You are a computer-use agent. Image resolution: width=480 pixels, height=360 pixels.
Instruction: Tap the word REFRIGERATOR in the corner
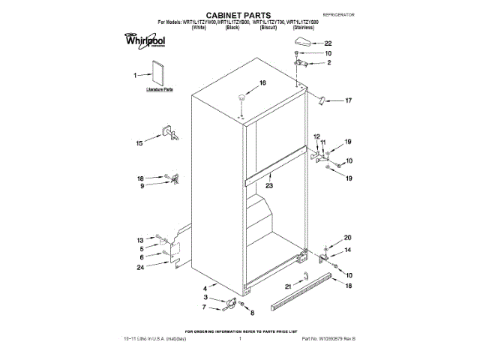click(x=337, y=15)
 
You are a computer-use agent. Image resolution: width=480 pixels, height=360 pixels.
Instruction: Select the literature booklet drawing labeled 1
click(x=158, y=75)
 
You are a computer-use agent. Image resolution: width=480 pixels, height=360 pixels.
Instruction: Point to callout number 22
click(x=328, y=43)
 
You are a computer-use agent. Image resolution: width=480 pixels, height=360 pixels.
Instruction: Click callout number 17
click(x=347, y=100)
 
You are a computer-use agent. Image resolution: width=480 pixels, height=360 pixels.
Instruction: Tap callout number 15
click(x=139, y=142)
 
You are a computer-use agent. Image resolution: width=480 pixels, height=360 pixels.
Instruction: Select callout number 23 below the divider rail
click(x=268, y=185)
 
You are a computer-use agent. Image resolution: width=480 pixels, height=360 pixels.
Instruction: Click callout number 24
click(x=140, y=267)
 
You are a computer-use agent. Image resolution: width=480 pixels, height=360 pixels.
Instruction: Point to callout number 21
click(x=288, y=285)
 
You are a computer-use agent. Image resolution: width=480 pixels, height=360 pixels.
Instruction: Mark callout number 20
click(x=347, y=238)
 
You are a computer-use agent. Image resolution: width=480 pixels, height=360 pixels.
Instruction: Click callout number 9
click(x=141, y=186)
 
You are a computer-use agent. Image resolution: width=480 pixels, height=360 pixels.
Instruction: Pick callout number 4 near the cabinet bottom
click(x=205, y=288)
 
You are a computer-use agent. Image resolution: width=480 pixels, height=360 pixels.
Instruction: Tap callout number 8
click(x=252, y=312)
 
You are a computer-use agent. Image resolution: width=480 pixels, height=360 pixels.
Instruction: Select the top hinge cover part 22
click(x=303, y=42)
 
